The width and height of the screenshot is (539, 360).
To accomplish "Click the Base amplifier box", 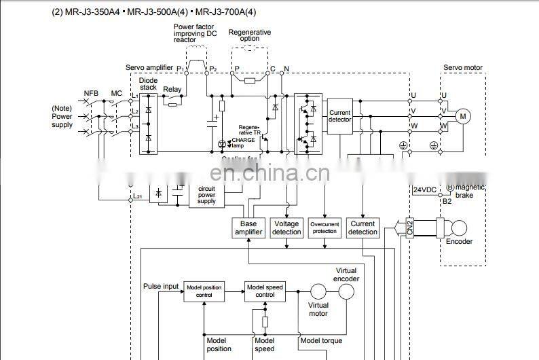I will click(248, 228).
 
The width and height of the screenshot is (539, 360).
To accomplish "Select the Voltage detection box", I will click(286, 228).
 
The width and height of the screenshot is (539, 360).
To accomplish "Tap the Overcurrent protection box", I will click(324, 228).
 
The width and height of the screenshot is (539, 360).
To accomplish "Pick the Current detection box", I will click(363, 228).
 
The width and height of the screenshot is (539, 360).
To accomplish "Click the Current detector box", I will click(340, 116).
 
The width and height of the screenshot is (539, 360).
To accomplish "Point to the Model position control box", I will click(204, 292).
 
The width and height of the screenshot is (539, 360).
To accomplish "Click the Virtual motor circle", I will click(319, 292).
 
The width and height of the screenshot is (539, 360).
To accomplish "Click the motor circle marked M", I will click(464, 116).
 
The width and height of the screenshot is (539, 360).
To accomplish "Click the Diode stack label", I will click(148, 84).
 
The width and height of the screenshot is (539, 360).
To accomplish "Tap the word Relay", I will click(172, 89).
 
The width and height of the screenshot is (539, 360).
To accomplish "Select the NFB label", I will click(91, 93).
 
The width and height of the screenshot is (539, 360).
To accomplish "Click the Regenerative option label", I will click(249, 35).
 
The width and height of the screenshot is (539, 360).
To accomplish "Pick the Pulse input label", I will click(161, 286).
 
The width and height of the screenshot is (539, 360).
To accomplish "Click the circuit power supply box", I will click(206, 195).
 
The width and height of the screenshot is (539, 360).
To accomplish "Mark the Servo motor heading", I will click(463, 68).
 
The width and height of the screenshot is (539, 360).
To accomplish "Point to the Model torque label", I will click(321, 340).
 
